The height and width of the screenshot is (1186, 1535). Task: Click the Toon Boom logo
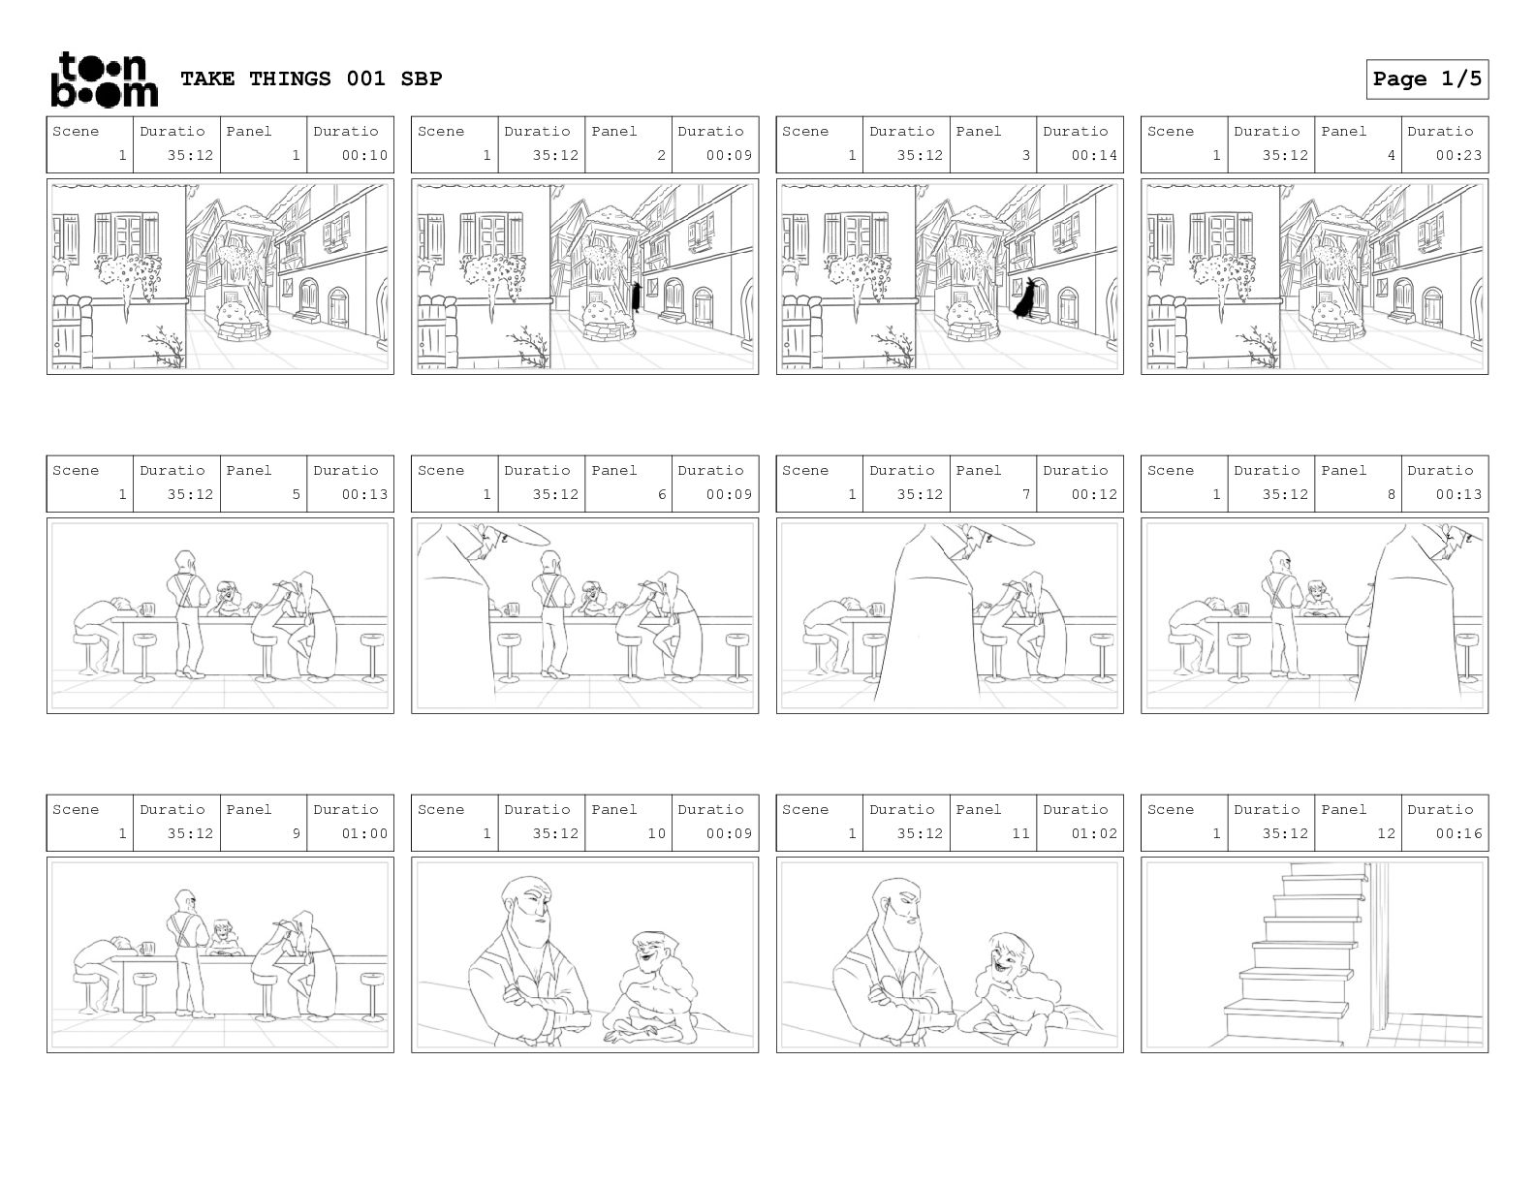[x=105, y=79]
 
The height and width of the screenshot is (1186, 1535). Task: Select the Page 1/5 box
[x=1426, y=79]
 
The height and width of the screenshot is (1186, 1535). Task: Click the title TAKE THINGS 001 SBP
[x=311, y=78]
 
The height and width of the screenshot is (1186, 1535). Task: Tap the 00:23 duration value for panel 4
[x=1458, y=155]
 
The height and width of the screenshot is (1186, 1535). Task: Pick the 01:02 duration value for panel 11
[x=1093, y=833]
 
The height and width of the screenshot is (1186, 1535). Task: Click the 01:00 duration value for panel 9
[x=364, y=833]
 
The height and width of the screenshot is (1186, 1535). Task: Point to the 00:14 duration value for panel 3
[x=1093, y=155]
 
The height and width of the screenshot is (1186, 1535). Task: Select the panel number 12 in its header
[x=1386, y=833]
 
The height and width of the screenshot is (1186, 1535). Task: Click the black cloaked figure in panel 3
[x=1025, y=298]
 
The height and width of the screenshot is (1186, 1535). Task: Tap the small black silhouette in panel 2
[x=635, y=297]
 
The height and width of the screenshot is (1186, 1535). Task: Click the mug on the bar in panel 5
[x=148, y=609]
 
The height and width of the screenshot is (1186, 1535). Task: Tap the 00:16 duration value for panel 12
[x=1458, y=833]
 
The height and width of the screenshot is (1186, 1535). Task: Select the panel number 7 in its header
[x=1025, y=494]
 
